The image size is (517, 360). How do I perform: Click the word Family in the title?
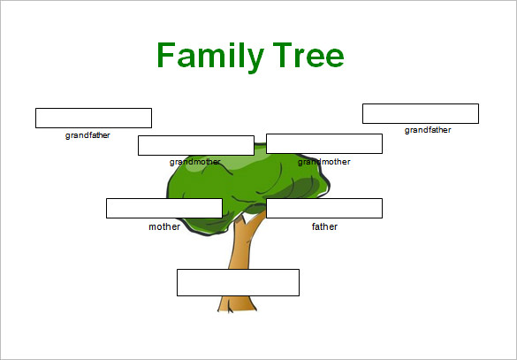(210, 56)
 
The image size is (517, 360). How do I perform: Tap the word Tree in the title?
(308, 55)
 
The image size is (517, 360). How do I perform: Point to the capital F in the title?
(166, 55)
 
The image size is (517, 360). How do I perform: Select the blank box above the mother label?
(164, 208)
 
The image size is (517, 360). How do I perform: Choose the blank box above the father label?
(324, 208)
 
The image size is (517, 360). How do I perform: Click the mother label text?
(164, 226)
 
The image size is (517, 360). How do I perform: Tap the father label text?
(324, 226)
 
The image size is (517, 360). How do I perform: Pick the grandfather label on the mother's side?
(87, 135)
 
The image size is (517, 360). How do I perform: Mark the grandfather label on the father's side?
(428, 130)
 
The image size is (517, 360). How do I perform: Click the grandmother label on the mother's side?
(194, 162)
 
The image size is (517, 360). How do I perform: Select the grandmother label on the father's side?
(323, 162)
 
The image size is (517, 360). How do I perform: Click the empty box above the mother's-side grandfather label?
(94, 118)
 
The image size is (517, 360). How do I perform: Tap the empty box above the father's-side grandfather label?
(421, 113)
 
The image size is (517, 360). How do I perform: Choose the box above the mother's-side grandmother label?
(196, 145)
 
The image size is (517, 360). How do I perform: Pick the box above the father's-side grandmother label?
(324, 143)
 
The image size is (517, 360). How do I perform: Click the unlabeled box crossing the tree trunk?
(238, 282)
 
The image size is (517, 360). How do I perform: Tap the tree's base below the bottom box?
(237, 304)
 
